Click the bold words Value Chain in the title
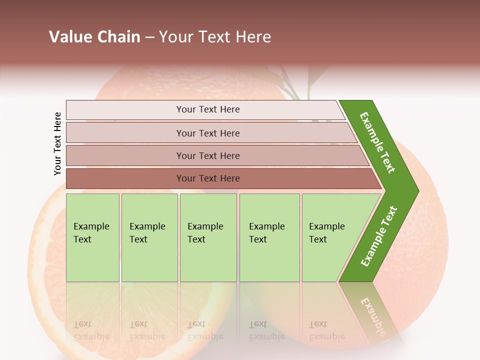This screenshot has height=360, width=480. click(x=94, y=37)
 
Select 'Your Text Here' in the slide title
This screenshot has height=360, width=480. click(x=215, y=37)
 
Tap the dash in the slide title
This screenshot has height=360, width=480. click(x=149, y=37)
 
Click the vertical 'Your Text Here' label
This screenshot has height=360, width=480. click(x=57, y=143)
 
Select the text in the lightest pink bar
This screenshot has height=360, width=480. click(x=208, y=109)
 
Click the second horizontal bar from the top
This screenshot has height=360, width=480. click(x=208, y=133)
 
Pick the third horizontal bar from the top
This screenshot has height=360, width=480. click(x=208, y=155)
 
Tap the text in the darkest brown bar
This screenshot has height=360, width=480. click(x=208, y=178)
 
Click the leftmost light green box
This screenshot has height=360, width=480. click(x=92, y=237)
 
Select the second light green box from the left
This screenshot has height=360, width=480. click(x=149, y=237)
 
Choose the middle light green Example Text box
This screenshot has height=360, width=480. click(x=207, y=237)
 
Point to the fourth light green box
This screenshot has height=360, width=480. click(x=269, y=237)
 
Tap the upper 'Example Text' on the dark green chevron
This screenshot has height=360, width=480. click(x=378, y=142)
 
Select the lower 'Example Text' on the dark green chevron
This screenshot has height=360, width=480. click(x=379, y=236)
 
